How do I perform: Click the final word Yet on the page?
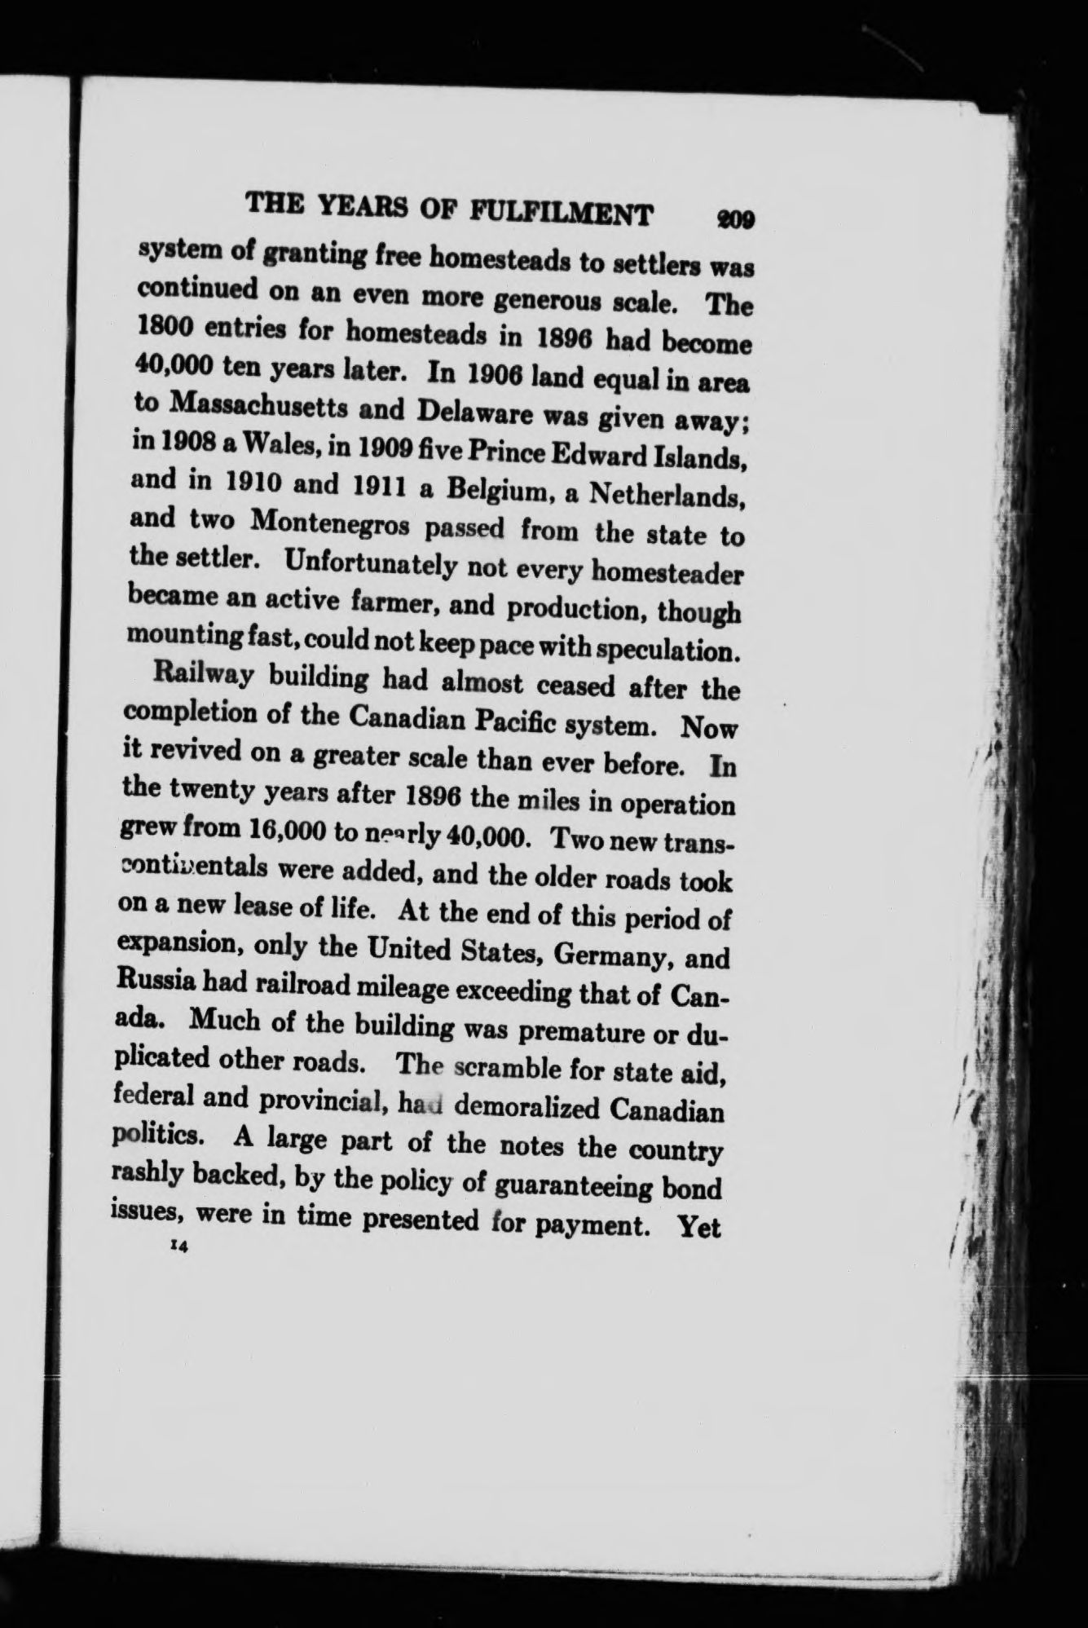pyautogui.click(x=699, y=1227)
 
